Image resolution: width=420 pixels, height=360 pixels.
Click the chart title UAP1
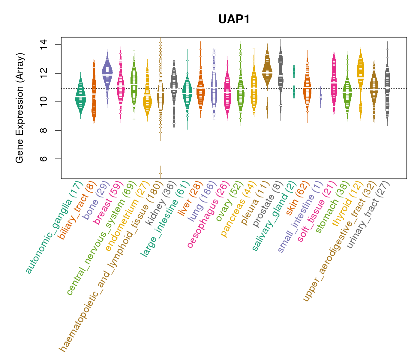(x=234, y=19)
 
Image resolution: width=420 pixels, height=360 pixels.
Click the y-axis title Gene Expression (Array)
(x=20, y=108)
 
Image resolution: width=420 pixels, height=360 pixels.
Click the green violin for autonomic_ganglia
(x=80, y=96)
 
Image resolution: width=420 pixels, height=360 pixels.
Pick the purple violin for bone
(x=107, y=73)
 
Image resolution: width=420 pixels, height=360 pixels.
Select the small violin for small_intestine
(x=321, y=97)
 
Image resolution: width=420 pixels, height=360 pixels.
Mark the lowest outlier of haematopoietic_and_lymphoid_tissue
(x=161, y=173)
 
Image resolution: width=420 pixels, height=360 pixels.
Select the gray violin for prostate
(x=280, y=75)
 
